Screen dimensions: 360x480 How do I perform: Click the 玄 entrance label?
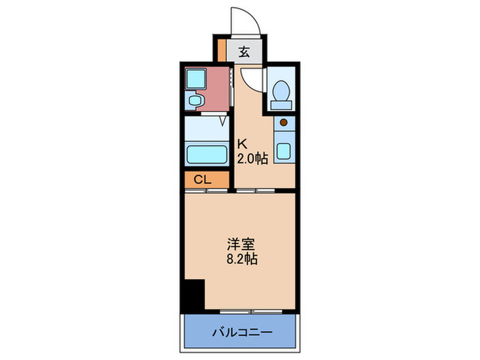[x=245, y=51]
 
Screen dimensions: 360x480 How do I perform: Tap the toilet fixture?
[x=280, y=91]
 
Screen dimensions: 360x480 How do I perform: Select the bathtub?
[x=207, y=154]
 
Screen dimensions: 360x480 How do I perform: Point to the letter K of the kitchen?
[x=241, y=145]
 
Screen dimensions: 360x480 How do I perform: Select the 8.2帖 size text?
[x=243, y=260]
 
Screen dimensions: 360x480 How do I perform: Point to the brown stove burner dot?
[x=283, y=123]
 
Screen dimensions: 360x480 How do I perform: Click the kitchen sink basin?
[x=283, y=150]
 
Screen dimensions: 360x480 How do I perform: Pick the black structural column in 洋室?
[x=193, y=295]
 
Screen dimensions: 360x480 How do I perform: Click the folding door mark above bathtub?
[x=224, y=121]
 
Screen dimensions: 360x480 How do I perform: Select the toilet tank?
[x=280, y=105]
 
